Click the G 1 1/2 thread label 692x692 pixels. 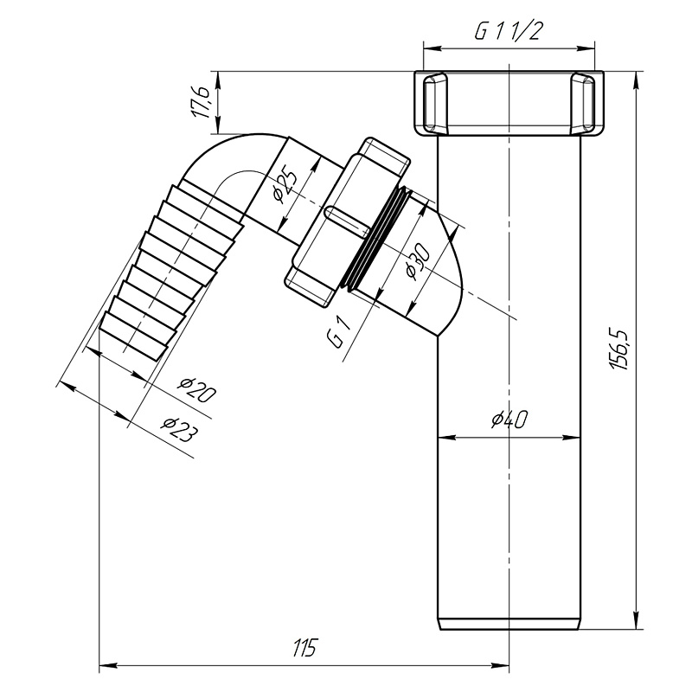pos(508,31)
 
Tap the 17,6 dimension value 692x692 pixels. pos(201,102)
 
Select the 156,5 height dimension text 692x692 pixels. pos(621,349)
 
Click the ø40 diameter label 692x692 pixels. pos(509,420)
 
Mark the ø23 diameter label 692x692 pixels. pos(178,429)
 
